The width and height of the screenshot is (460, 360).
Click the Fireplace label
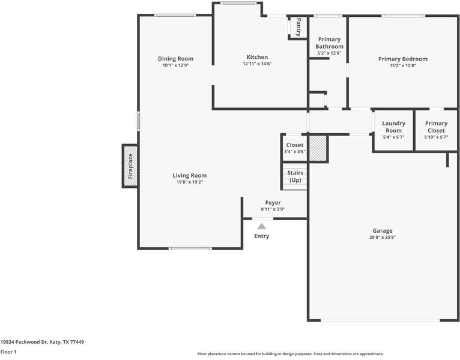pos(130,166)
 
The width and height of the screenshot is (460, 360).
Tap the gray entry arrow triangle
pos(262,226)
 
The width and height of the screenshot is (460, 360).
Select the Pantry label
pos(298,27)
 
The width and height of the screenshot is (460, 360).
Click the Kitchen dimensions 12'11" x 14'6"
pos(257,64)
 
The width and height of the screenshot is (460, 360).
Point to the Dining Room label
pos(175,59)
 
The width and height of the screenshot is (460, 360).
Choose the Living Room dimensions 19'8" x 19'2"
pos(190,182)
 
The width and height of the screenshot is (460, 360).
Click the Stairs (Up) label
pos(295,176)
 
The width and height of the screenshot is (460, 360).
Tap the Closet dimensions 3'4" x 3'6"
pos(295,152)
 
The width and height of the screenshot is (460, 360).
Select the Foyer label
pos(273,203)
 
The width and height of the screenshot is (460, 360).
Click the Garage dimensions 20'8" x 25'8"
pos(383,237)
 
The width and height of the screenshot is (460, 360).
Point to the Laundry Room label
pos(393,127)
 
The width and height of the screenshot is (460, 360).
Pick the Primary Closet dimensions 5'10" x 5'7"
pos(436,137)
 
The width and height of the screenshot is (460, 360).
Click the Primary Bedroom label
pos(402,59)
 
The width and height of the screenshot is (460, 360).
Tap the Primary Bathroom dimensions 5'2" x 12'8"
pos(329,53)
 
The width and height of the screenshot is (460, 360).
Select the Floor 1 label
pos(8,352)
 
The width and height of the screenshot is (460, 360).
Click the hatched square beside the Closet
pos(318,148)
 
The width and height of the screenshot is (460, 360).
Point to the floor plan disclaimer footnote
pos(291,354)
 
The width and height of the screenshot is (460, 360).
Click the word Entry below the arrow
pos(261,236)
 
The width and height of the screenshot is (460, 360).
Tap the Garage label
pos(383,231)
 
